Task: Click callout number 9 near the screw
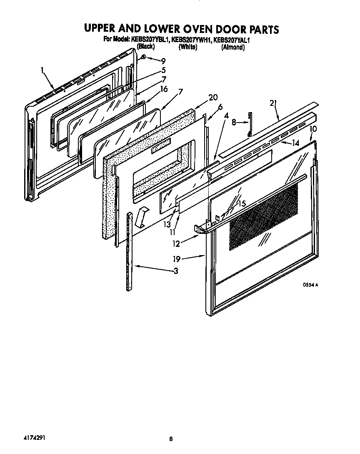click(x=157, y=61)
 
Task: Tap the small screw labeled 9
click(x=143, y=56)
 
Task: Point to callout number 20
click(x=213, y=97)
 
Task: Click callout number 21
click(x=274, y=104)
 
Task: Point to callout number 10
click(x=313, y=129)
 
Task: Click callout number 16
click(x=164, y=89)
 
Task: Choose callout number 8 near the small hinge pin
click(x=234, y=123)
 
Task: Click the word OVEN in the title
click(x=199, y=29)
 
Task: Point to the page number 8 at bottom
click(x=171, y=439)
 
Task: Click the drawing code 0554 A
click(x=310, y=285)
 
